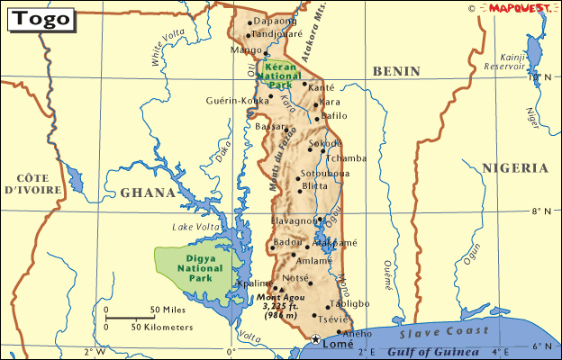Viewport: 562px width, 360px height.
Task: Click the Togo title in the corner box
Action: (x=41, y=19)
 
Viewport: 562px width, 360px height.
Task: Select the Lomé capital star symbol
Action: (x=314, y=339)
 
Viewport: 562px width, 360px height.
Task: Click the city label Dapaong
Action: (x=275, y=21)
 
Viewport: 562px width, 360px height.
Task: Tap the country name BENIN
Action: (x=397, y=69)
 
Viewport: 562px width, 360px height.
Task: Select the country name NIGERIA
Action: (x=514, y=168)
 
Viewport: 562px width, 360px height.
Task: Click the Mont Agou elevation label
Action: (x=281, y=305)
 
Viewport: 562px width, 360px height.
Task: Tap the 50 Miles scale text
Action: (x=168, y=310)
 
